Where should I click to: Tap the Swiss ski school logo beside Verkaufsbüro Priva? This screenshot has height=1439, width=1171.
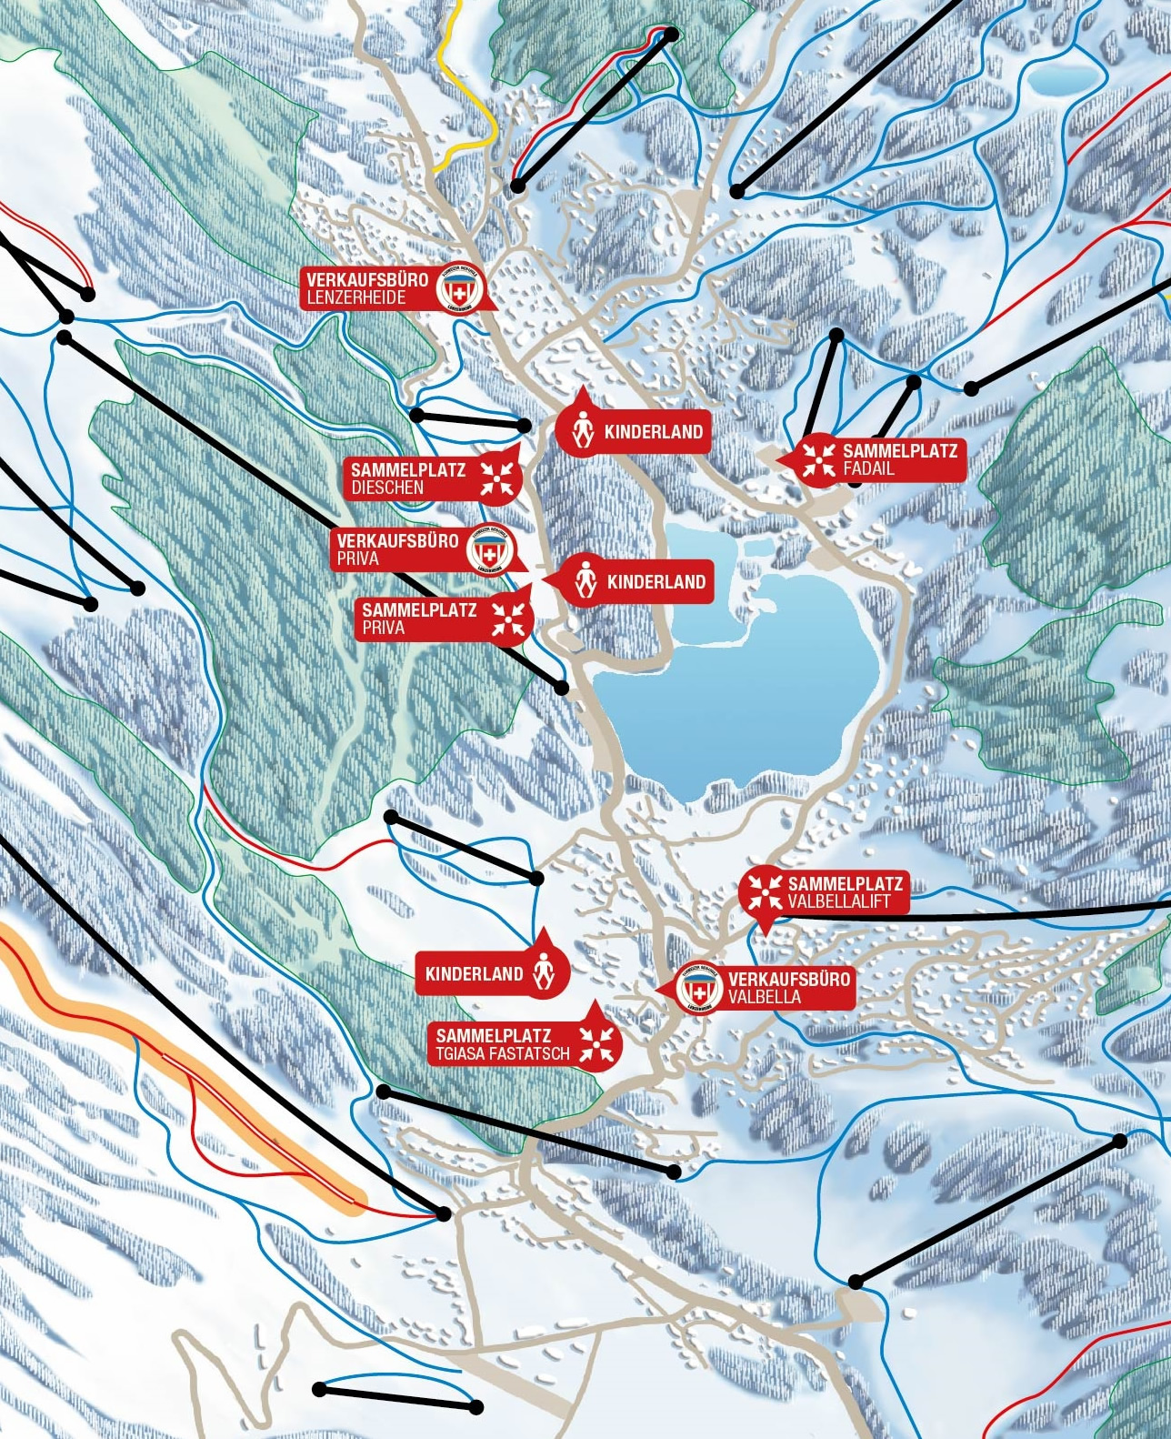tap(491, 550)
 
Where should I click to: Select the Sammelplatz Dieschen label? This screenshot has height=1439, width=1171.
tap(409, 478)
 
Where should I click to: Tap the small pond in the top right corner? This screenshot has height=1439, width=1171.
tap(1063, 79)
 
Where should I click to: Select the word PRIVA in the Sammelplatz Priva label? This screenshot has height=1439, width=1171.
tap(383, 628)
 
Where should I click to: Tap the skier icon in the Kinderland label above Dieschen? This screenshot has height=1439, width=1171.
tap(583, 431)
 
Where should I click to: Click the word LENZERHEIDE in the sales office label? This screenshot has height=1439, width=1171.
tap(356, 297)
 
